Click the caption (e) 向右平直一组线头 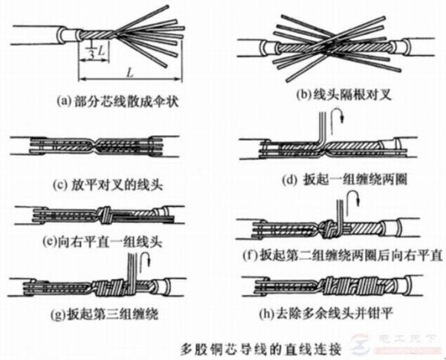point(95,242)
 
